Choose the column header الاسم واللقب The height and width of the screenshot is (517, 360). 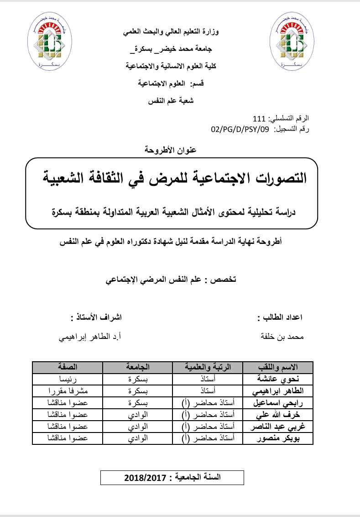(x=278, y=367)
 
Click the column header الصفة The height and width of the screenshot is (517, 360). (x=68, y=367)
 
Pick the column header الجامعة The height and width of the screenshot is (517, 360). (x=137, y=367)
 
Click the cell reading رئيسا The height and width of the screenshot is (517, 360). (x=68, y=379)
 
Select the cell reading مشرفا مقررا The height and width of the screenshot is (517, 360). (x=68, y=391)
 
